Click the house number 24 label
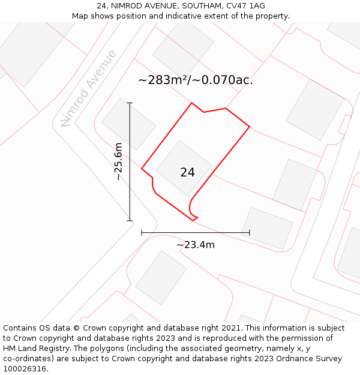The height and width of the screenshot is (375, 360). click(x=187, y=172)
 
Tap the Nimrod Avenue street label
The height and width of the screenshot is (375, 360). click(x=89, y=88)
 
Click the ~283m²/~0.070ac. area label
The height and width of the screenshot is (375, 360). click(x=196, y=80)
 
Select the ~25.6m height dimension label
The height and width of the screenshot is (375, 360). click(x=118, y=161)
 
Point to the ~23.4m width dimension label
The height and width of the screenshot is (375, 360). click(x=196, y=245)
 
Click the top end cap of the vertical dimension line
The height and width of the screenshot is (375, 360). click(x=130, y=103)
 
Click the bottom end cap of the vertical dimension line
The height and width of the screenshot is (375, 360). click(x=130, y=221)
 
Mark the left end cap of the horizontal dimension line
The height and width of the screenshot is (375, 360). click(x=142, y=232)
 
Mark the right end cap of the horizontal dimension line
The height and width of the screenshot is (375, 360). click(x=249, y=232)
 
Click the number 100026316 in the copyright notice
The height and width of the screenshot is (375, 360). click(x=25, y=369)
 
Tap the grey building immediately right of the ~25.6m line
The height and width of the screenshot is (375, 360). click(x=128, y=124)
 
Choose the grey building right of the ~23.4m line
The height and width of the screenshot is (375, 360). click(x=267, y=228)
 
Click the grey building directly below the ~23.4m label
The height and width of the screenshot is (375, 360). click(x=161, y=278)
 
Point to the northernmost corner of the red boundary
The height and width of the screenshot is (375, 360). click(x=191, y=103)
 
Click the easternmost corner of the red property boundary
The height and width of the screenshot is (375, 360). click(x=249, y=127)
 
